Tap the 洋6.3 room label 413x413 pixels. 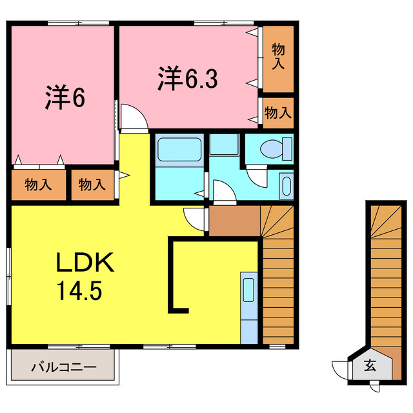(x=188, y=79)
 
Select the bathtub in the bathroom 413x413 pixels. (x=179, y=150)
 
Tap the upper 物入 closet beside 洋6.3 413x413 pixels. (x=278, y=57)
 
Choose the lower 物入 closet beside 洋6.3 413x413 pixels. (x=278, y=113)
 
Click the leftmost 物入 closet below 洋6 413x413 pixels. (x=38, y=185)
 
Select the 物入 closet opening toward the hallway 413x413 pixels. (x=92, y=185)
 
